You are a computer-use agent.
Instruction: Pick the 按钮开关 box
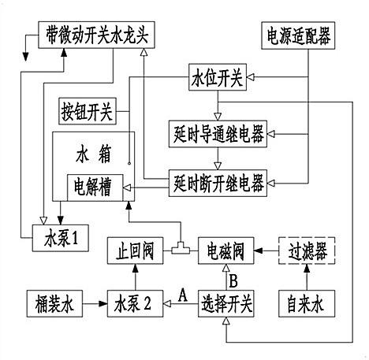click(x=88, y=109)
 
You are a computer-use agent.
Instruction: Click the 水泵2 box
click(x=134, y=301)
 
